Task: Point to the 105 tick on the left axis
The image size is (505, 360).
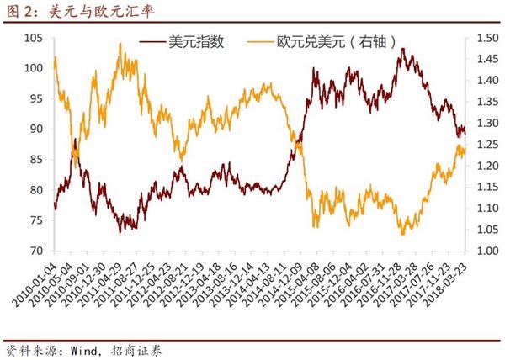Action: pos(35,38)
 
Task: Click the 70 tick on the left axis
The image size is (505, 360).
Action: pos(38,251)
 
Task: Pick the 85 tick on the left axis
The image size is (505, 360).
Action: pos(38,160)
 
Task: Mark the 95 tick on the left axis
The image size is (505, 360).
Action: pos(38,98)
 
